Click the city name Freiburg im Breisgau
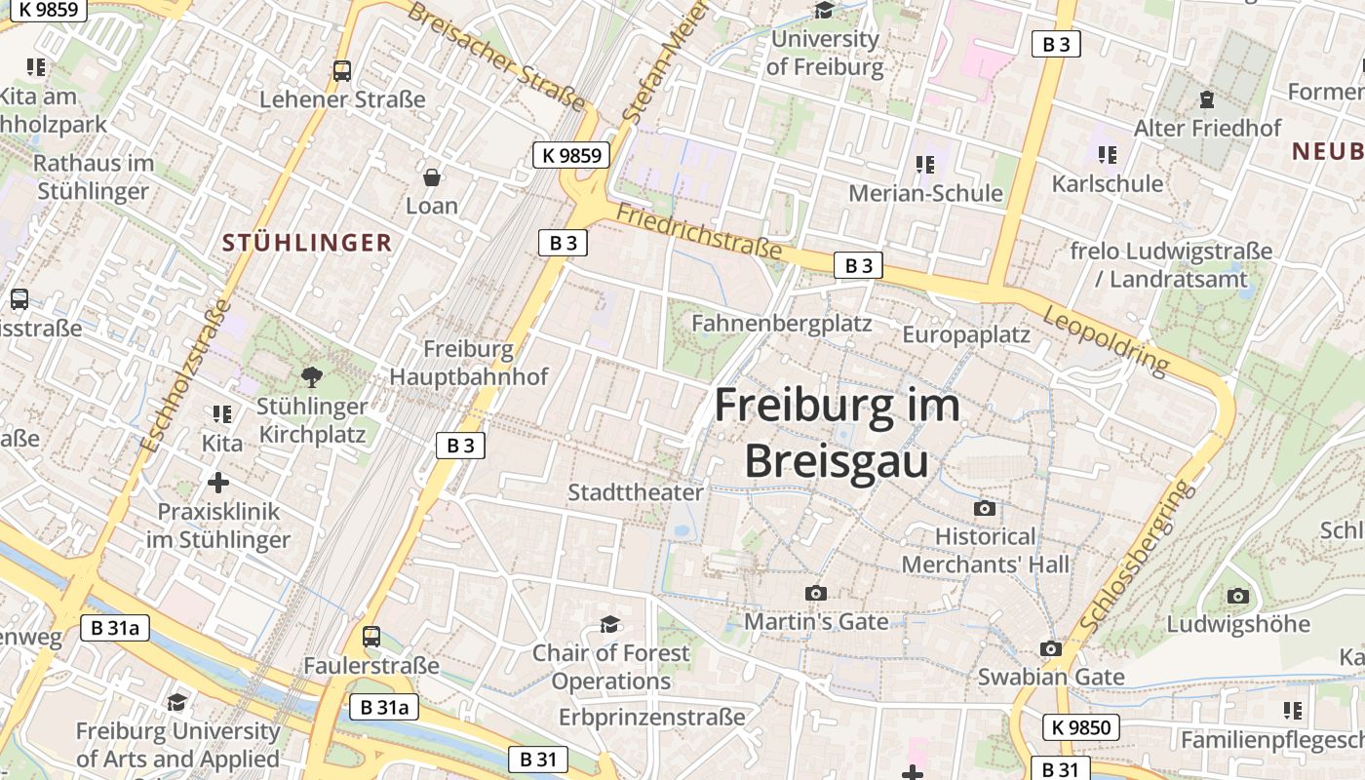coord(837,433)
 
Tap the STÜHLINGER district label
coord(307,243)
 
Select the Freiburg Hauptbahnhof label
coord(469,363)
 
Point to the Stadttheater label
coord(636,492)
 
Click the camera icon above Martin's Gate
coord(815,593)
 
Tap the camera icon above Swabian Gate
coord(1050,648)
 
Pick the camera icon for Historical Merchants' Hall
coord(985,508)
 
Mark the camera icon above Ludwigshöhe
coord(1237,596)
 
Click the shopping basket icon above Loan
coord(432,177)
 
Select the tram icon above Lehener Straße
coord(342,71)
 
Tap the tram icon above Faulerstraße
coord(371,637)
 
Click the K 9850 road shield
coord(1080,726)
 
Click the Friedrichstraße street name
coord(699,231)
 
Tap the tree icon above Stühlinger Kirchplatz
coord(312,376)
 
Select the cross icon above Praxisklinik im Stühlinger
coord(218,482)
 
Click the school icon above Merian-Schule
coord(924,164)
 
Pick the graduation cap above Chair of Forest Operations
coord(610,624)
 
